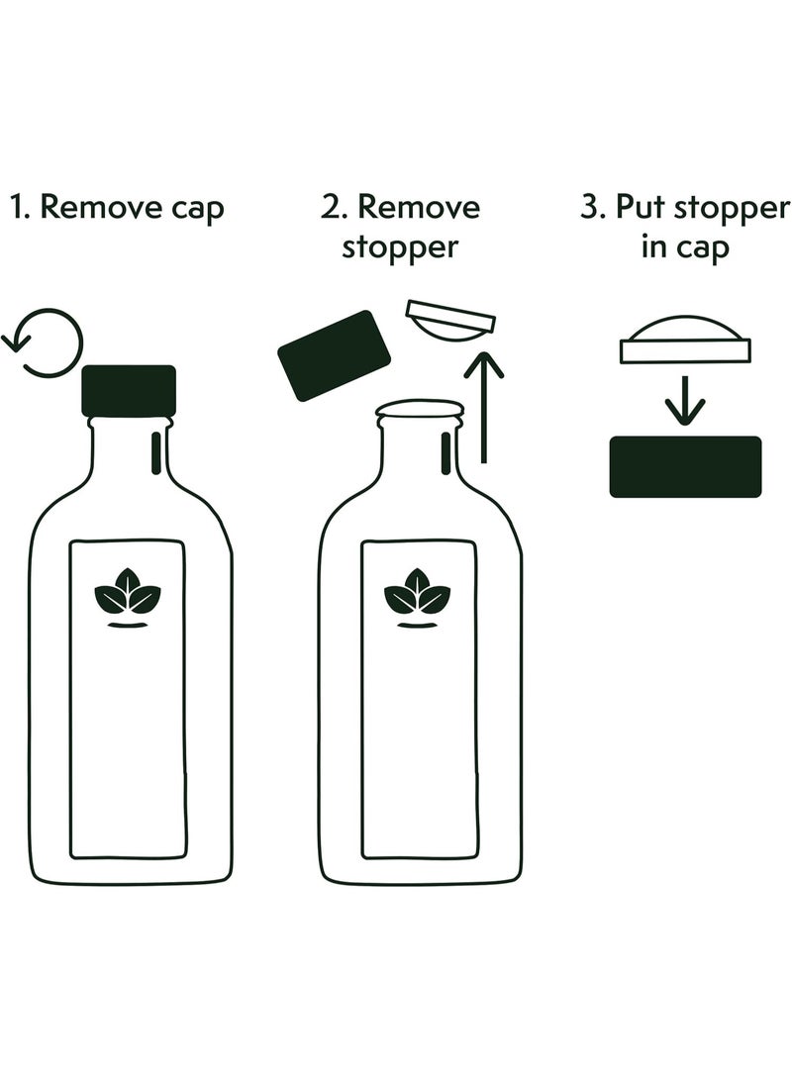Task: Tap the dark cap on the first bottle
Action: tap(129, 391)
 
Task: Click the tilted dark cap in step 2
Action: tap(334, 355)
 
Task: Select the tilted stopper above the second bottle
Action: tap(450, 321)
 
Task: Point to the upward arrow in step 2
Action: tap(483, 407)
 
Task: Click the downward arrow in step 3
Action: tap(685, 400)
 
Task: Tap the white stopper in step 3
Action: tap(685, 340)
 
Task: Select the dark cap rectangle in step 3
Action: tap(685, 466)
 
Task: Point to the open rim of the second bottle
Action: tap(420, 409)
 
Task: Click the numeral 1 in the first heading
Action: tap(17, 207)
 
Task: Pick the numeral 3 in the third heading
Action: tap(589, 207)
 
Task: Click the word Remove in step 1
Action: tap(103, 207)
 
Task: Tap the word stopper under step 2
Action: tap(400, 247)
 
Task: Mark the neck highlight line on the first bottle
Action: tap(156, 453)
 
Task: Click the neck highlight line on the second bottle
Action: tap(446, 453)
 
